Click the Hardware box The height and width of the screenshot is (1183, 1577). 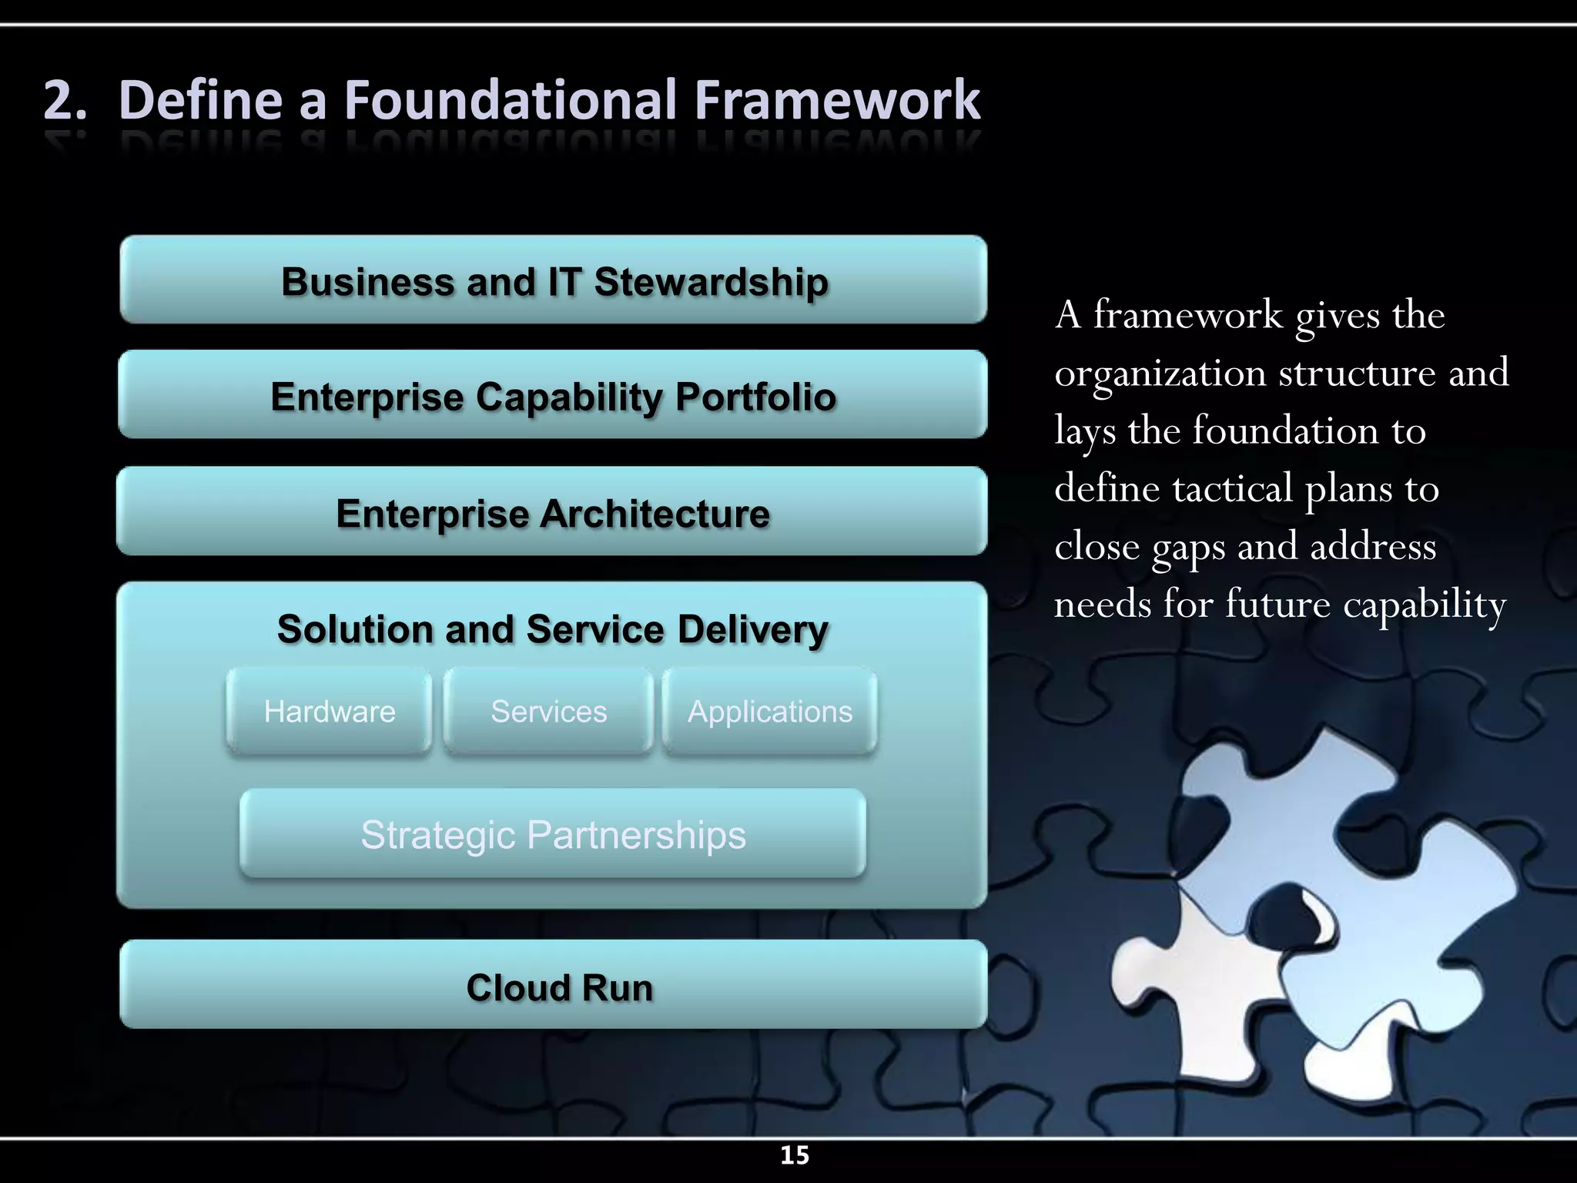(330, 712)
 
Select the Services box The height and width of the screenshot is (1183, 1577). (548, 712)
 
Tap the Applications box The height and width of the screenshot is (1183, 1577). (769, 712)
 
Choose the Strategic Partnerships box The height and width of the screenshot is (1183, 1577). (553, 834)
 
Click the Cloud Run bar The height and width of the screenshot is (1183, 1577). (553, 986)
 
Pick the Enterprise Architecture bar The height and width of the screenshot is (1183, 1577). (553, 512)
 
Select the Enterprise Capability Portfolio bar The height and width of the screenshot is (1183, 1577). (553, 396)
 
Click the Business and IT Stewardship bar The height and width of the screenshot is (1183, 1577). (553, 280)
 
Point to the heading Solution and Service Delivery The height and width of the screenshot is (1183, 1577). (553, 628)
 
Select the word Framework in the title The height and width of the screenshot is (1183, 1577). (837, 101)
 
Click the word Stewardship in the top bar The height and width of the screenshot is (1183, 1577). (711, 282)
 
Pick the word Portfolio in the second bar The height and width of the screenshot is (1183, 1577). (755, 397)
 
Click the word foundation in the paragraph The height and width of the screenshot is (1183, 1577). (1285, 431)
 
